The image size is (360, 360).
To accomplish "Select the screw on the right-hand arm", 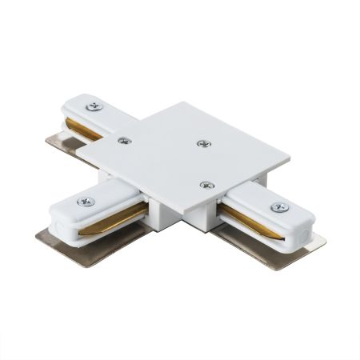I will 279,207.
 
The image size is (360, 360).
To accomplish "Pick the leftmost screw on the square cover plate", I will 123,140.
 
